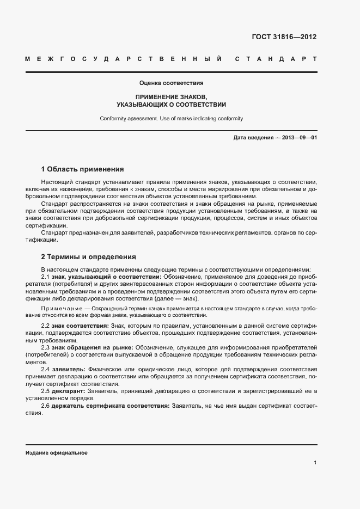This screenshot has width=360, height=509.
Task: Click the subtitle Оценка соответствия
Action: click(171, 83)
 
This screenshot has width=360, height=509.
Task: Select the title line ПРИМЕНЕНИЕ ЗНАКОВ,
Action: click(171, 96)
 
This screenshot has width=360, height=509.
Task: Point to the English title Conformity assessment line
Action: click(171, 118)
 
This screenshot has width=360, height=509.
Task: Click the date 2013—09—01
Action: click(299, 138)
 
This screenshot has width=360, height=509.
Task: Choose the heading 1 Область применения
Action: click(82, 169)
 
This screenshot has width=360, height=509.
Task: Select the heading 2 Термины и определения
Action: click(89, 256)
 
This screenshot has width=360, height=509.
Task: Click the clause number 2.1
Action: click(46, 277)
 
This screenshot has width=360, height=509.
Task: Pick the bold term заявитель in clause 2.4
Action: click(68, 369)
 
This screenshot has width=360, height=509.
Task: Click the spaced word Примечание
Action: click(60, 309)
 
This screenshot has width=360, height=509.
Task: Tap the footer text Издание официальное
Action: click(56, 453)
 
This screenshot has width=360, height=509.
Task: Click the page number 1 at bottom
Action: click(315, 462)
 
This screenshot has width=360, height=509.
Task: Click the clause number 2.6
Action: click(46, 406)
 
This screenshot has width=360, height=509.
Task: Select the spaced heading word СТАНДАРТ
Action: click(276, 59)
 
